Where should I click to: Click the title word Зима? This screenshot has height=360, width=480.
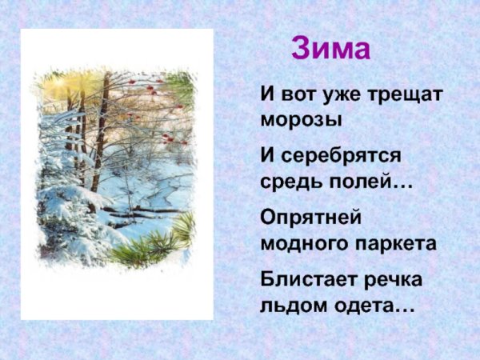click(330, 49)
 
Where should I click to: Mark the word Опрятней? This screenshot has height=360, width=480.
click(312, 216)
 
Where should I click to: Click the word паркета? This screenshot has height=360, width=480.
click(398, 243)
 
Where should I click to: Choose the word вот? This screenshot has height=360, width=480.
click(293, 94)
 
